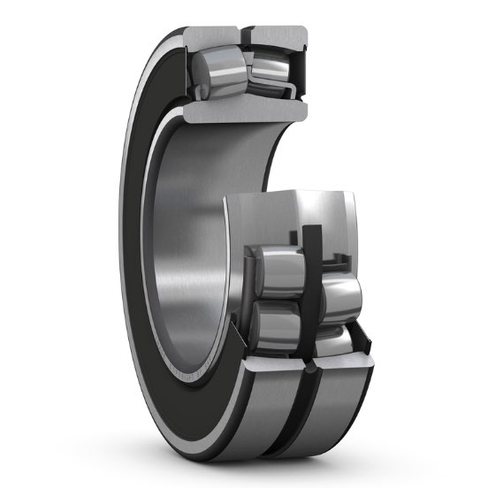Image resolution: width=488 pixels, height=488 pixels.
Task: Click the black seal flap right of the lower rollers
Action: click(359, 336)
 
